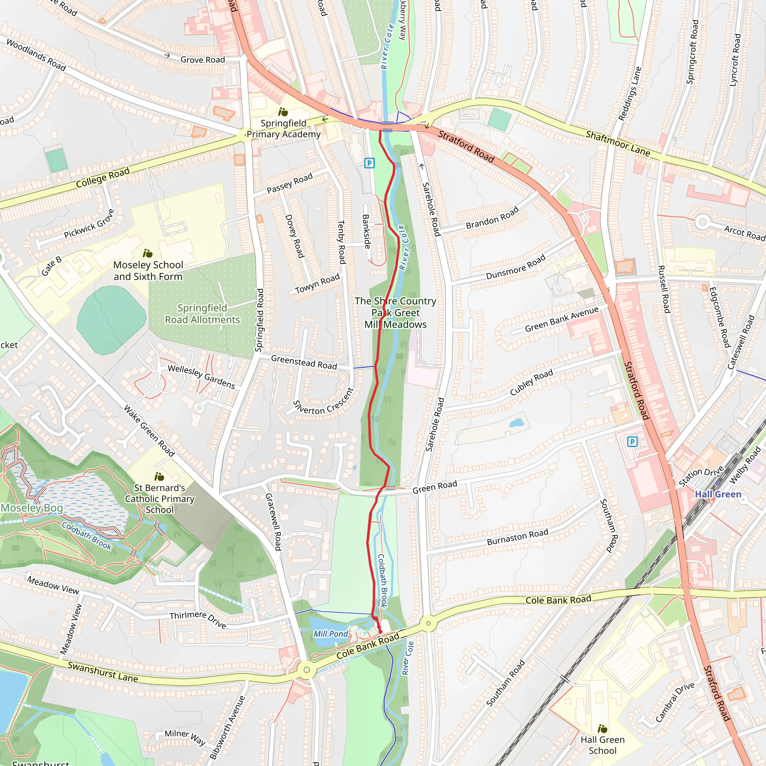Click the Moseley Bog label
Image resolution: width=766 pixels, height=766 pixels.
[x=32, y=508]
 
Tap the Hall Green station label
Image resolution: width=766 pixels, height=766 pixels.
[x=718, y=494]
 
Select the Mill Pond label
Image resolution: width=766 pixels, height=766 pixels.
[x=331, y=634]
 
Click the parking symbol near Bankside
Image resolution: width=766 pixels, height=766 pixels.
[x=369, y=163]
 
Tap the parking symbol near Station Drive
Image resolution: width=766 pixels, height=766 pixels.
[x=632, y=441]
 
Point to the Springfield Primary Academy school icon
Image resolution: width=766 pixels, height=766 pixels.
[x=283, y=112]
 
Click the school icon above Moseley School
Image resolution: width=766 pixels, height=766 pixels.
[x=147, y=253]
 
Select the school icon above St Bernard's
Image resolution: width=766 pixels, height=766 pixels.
[x=159, y=477]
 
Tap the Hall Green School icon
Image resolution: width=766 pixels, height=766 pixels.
[x=602, y=729]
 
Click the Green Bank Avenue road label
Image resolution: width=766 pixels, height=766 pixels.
[x=561, y=319]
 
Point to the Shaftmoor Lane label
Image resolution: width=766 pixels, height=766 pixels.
[x=618, y=144]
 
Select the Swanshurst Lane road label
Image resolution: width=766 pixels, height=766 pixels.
[x=103, y=672]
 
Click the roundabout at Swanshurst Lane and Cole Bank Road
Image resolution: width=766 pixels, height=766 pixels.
[x=306, y=670]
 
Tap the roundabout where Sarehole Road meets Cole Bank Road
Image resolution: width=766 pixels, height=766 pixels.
[x=428, y=623]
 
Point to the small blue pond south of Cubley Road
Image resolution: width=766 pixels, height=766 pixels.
[x=516, y=423]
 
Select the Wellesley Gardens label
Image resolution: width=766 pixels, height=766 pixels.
[x=202, y=377]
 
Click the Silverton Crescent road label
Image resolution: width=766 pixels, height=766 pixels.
[x=323, y=402]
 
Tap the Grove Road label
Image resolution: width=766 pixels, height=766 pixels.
[x=203, y=60]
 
